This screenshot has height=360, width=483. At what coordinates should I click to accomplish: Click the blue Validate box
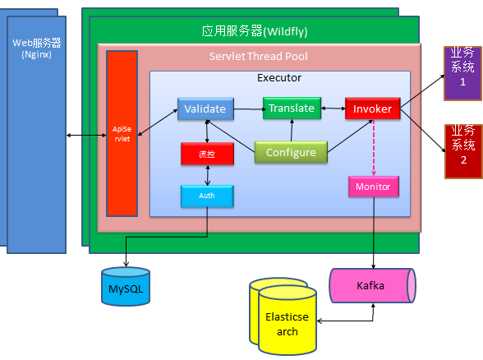[x=205, y=108]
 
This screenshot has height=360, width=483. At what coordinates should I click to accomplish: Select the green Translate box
[x=292, y=108]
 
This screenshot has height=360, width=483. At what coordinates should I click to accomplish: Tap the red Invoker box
[x=373, y=108]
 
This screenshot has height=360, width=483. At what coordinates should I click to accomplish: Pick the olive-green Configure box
[x=291, y=152]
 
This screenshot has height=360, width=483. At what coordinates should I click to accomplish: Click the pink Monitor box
[x=374, y=187]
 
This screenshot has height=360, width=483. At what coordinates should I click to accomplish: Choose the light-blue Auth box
[x=207, y=196]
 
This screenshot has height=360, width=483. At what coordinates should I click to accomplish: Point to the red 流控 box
[x=207, y=154]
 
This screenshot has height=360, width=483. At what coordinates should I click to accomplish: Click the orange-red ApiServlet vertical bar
[x=122, y=134]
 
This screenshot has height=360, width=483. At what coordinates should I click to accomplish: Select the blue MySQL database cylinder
[x=126, y=286]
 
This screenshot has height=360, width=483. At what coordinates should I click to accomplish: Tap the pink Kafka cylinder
[x=372, y=286]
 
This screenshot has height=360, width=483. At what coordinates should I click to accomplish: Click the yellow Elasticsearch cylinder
[x=287, y=321]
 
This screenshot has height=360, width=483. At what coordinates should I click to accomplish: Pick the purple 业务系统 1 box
[x=462, y=73]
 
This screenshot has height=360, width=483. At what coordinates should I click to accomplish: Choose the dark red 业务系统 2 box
[x=463, y=151]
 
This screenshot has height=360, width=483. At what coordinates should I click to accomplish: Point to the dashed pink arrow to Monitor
[x=374, y=148]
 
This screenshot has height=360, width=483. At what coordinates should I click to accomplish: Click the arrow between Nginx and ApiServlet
[x=86, y=135]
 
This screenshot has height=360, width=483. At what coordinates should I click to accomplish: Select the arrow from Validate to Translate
[x=249, y=108]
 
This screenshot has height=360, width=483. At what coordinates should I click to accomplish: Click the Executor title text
[x=279, y=78]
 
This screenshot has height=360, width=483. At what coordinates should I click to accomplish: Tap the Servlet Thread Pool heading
[x=259, y=57]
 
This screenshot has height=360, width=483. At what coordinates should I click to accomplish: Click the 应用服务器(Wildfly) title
[x=255, y=31]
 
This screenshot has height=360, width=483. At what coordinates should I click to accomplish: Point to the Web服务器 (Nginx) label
[x=37, y=48]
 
